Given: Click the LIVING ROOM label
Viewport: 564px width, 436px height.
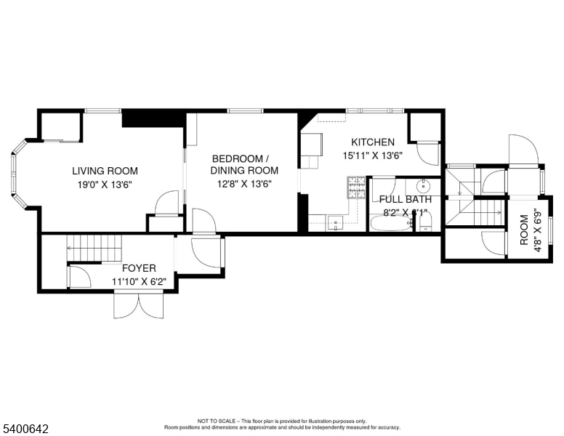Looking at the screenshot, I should (105, 171).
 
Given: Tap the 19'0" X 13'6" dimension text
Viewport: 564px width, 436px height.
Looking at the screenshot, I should (105, 184).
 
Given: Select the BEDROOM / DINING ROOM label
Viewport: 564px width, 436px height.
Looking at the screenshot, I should (241, 158).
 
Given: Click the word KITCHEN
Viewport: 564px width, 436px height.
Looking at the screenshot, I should (373, 142).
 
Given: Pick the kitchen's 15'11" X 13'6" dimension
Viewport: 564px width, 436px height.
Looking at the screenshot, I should (373, 155).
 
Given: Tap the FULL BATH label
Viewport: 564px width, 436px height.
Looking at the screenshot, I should (406, 199).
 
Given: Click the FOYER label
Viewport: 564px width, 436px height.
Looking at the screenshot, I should (139, 268).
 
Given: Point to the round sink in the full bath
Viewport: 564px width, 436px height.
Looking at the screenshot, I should (425, 185).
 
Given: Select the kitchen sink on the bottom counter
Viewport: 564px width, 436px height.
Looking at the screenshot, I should (335, 222).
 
